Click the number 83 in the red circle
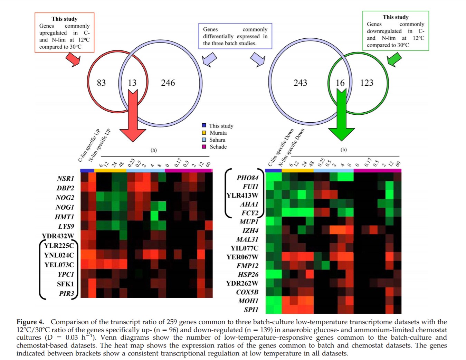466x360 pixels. point(101,83)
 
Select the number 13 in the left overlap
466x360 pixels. point(132,83)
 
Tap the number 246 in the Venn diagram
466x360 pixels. point(168,83)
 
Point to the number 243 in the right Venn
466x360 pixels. point(300,83)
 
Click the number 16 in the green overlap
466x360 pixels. point(340,83)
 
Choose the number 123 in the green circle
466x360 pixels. point(367,83)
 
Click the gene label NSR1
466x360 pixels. point(66,179)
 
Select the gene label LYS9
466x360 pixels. point(66,227)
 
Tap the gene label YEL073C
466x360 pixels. point(59,265)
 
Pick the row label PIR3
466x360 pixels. point(67,294)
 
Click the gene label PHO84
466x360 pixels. point(247,178)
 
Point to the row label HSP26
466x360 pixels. point(248,275)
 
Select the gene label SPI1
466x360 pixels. point(251,310)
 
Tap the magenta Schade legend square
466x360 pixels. point(204,147)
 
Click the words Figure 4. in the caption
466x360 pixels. point(30,322)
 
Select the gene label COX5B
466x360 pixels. point(247,292)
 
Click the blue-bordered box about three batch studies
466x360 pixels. point(235,36)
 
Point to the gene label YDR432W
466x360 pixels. point(58,236)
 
